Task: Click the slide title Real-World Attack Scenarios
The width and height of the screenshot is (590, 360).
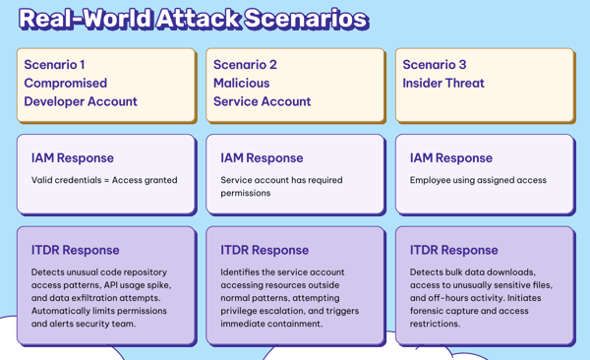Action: click(x=193, y=19)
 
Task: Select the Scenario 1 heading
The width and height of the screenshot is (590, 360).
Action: click(x=54, y=65)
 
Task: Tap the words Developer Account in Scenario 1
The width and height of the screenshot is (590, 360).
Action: click(x=81, y=101)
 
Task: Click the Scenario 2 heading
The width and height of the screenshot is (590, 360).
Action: click(x=245, y=65)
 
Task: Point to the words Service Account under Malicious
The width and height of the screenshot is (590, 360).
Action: click(x=262, y=101)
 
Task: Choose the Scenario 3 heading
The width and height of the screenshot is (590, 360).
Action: click(x=435, y=65)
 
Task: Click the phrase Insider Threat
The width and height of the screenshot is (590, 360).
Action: click(x=443, y=84)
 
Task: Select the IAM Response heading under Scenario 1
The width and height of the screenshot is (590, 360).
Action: click(x=72, y=157)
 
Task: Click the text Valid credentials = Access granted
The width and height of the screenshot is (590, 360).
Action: click(x=104, y=180)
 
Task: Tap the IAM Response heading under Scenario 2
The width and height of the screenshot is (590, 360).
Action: click(x=262, y=157)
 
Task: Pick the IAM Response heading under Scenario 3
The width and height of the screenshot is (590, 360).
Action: click(x=450, y=157)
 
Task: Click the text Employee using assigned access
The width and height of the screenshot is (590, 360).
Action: click(x=478, y=180)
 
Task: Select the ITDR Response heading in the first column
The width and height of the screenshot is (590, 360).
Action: click(x=75, y=250)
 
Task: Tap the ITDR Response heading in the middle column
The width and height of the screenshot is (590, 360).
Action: click(x=265, y=250)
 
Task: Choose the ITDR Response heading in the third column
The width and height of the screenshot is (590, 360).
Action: click(x=453, y=250)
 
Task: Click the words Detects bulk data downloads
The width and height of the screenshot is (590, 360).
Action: click(x=472, y=272)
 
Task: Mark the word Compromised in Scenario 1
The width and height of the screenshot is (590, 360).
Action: click(x=66, y=84)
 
